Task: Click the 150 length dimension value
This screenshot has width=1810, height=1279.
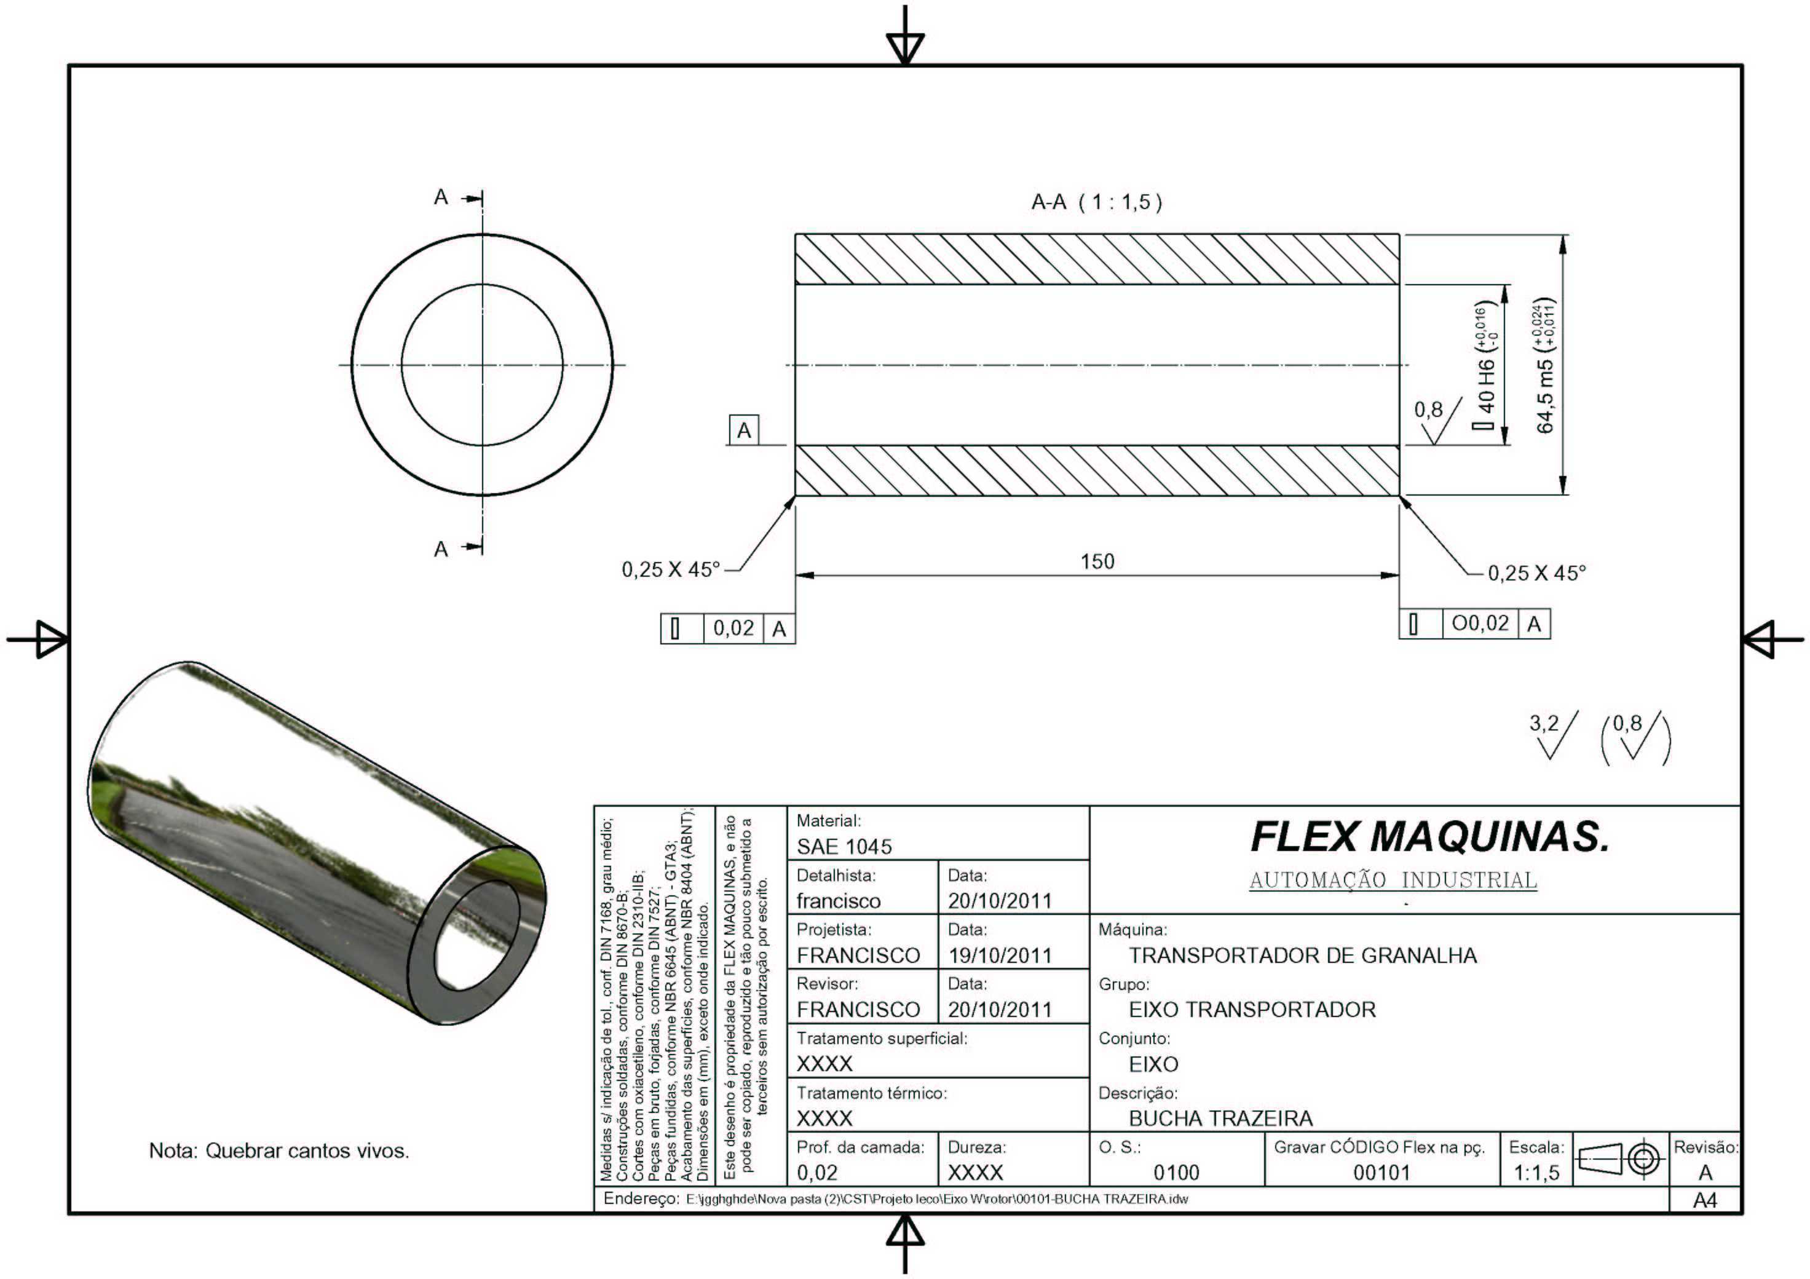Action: pyautogui.click(x=1097, y=561)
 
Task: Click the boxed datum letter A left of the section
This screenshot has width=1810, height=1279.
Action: pyautogui.click(x=744, y=430)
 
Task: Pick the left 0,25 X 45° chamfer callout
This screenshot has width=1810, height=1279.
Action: pyautogui.click(x=671, y=569)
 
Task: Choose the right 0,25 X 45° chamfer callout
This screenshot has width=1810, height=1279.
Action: pyautogui.click(x=1536, y=573)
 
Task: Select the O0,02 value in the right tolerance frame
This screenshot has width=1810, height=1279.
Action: pyautogui.click(x=1480, y=624)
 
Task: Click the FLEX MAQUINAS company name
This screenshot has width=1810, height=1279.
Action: pyautogui.click(x=1430, y=837)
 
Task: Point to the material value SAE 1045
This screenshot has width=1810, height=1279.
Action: pyautogui.click(x=844, y=847)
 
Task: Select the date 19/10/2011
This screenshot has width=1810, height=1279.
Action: pyautogui.click(x=1000, y=956)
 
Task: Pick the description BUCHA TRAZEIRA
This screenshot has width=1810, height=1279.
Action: pyautogui.click(x=1221, y=1118)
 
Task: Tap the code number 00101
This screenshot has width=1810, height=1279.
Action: pyautogui.click(x=1381, y=1173)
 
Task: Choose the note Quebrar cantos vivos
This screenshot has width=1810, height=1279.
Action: pyautogui.click(x=279, y=1151)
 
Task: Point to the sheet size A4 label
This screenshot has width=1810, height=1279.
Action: pyautogui.click(x=1705, y=1200)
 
